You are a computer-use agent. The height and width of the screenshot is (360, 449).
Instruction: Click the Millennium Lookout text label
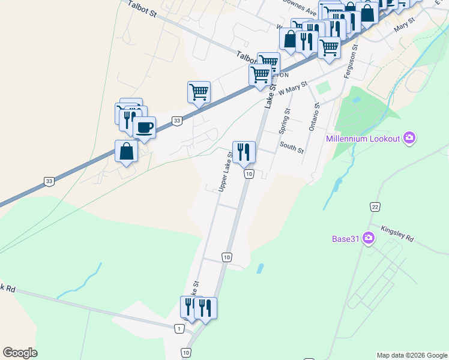[363, 139]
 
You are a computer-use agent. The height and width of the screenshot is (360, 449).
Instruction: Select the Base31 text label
[345, 239]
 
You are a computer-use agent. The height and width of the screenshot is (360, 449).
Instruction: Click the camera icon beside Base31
[368, 239]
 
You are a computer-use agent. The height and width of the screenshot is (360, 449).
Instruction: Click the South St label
[292, 148]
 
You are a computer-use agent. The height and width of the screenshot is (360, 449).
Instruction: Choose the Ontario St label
[314, 116]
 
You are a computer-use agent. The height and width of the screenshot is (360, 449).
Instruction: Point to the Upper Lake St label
[226, 172]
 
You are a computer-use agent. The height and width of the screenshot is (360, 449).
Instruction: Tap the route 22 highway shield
[375, 207]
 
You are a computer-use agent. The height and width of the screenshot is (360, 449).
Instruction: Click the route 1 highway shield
[179, 328]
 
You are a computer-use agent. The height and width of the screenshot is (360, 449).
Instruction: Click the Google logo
[20, 353]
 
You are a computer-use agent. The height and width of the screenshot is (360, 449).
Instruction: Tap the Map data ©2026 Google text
[411, 355]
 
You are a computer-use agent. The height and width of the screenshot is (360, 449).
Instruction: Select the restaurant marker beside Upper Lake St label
[244, 152]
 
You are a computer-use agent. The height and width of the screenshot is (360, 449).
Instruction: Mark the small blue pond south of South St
[259, 268]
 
